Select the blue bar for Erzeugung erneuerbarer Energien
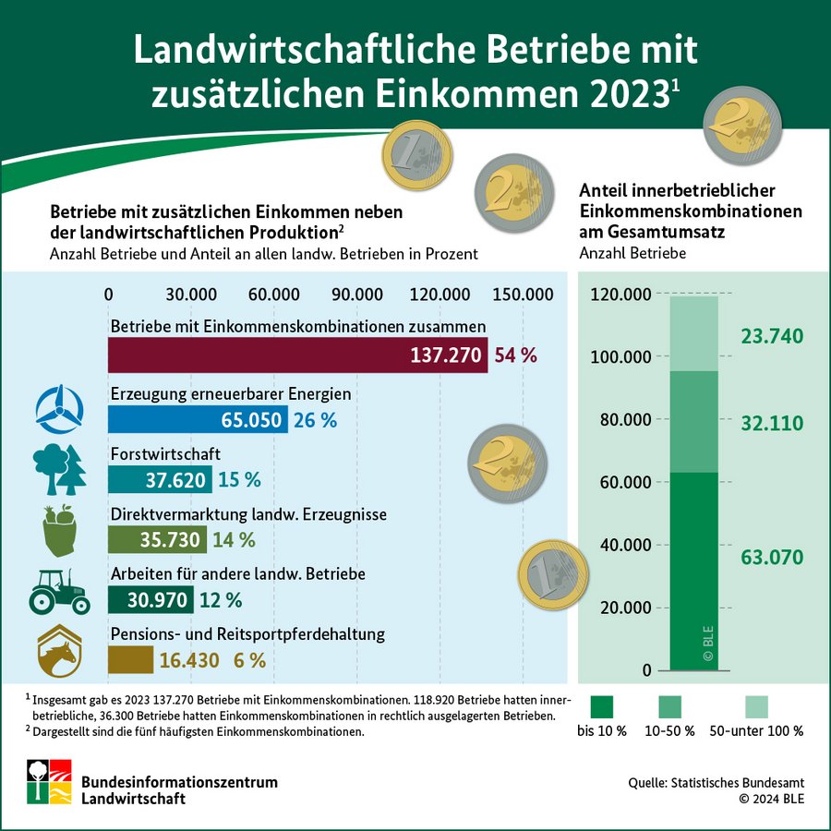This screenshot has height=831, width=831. click(x=198, y=420)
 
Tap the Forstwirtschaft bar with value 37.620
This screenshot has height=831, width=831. click(x=160, y=479)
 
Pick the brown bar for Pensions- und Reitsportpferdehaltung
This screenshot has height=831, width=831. click(x=130, y=659)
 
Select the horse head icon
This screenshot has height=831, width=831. click(x=60, y=652)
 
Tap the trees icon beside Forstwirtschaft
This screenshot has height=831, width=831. click(x=59, y=470)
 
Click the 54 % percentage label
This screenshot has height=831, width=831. click(x=516, y=355)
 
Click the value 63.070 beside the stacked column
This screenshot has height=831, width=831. click(x=772, y=557)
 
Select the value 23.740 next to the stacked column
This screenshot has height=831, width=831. click(x=772, y=335)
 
